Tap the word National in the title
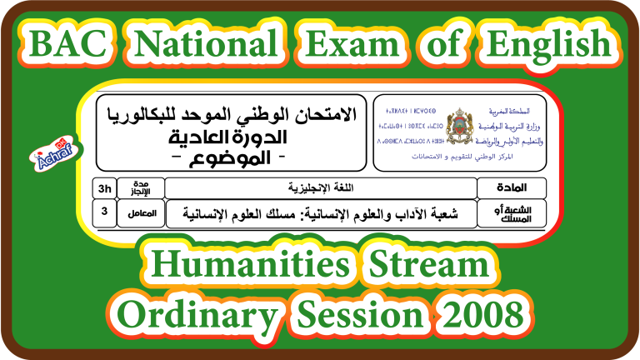pyautogui.click(x=206, y=42)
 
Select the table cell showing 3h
pyautogui.click(x=104, y=187)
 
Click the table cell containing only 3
pyautogui.click(x=104, y=212)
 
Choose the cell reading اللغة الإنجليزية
pyautogui.click(x=321, y=187)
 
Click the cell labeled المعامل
pyautogui.click(x=140, y=212)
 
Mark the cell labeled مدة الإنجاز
pyautogui.click(x=140, y=187)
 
